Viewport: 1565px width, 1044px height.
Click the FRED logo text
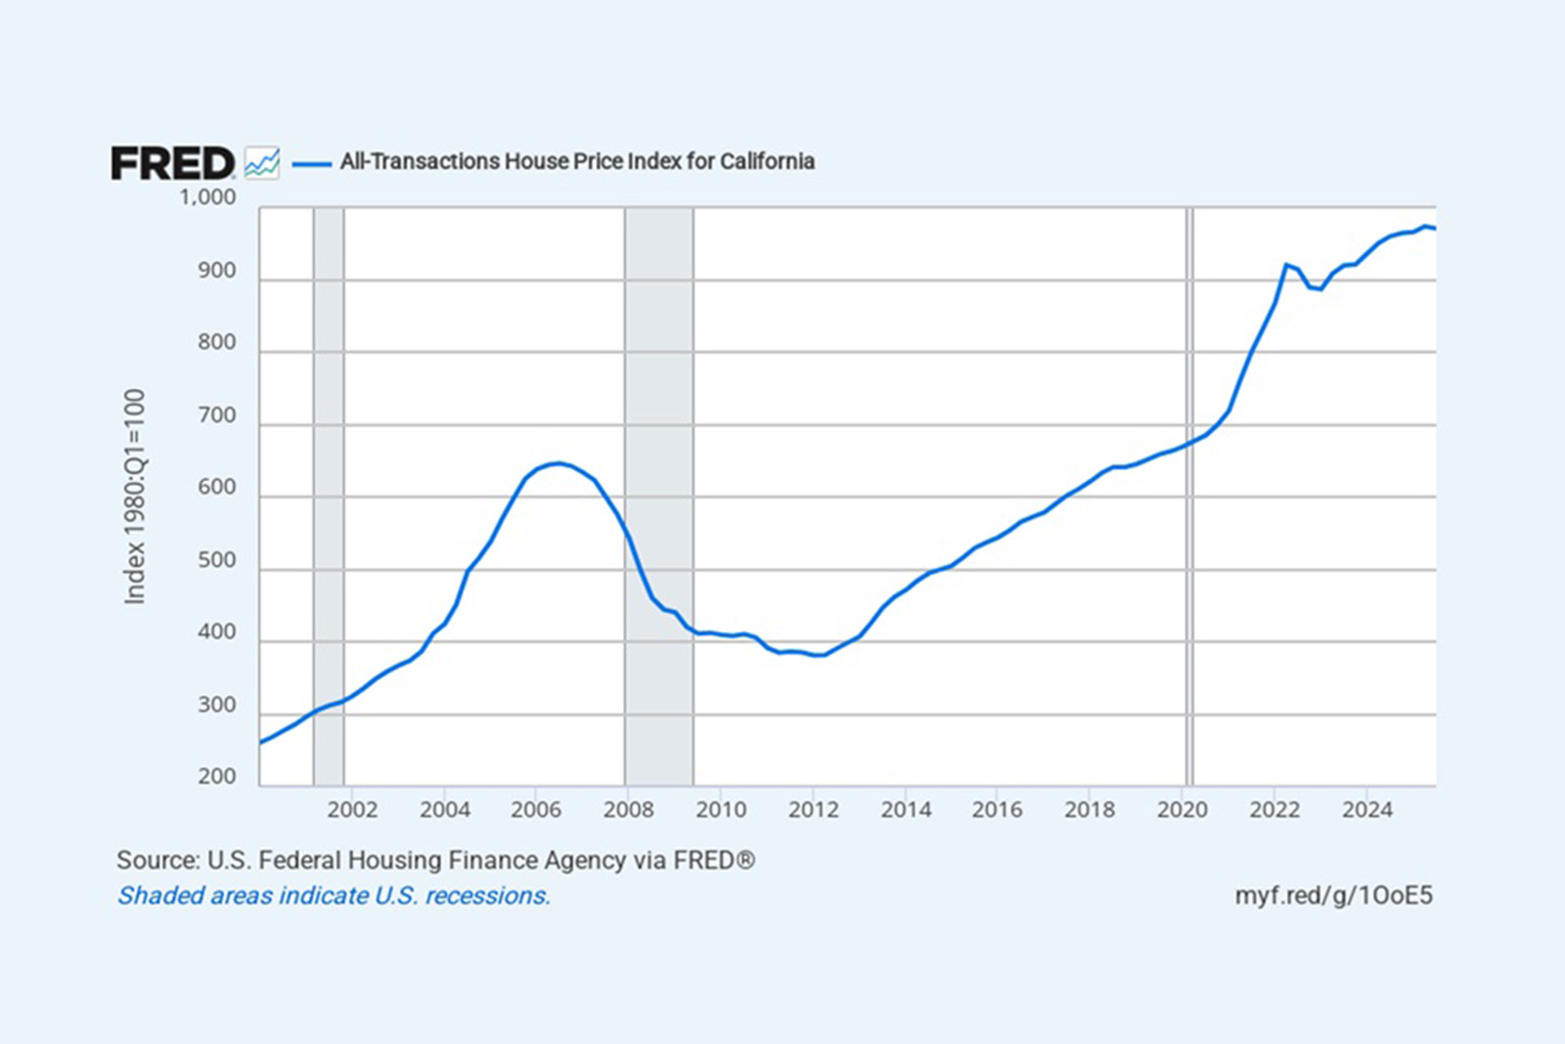[172, 163]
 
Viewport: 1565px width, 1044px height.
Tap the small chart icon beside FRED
[262, 162]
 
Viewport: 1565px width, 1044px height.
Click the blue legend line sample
[312, 163]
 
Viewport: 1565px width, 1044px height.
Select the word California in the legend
[767, 161]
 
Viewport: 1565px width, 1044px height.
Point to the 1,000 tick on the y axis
[207, 197]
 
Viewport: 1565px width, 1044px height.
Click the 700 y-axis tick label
[217, 415]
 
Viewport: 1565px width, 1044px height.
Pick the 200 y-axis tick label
[217, 777]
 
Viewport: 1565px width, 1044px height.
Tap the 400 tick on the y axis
[217, 632]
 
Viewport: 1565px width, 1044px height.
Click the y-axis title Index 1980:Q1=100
[135, 497]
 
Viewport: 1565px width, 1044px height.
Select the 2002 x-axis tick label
[352, 809]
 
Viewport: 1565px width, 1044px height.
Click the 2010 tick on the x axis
[721, 809]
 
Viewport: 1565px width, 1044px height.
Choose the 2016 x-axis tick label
[997, 809]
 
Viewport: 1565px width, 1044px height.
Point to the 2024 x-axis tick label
[1366, 809]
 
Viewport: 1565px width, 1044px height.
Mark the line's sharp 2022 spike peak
[1286, 264]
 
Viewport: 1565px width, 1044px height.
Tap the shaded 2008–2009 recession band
[659, 391]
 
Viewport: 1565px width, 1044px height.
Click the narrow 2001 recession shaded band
[329, 440]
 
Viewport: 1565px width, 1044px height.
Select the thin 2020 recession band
[1190, 391]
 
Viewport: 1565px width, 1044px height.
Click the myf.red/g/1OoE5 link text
[1333, 895]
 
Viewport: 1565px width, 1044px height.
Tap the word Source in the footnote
[156, 860]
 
